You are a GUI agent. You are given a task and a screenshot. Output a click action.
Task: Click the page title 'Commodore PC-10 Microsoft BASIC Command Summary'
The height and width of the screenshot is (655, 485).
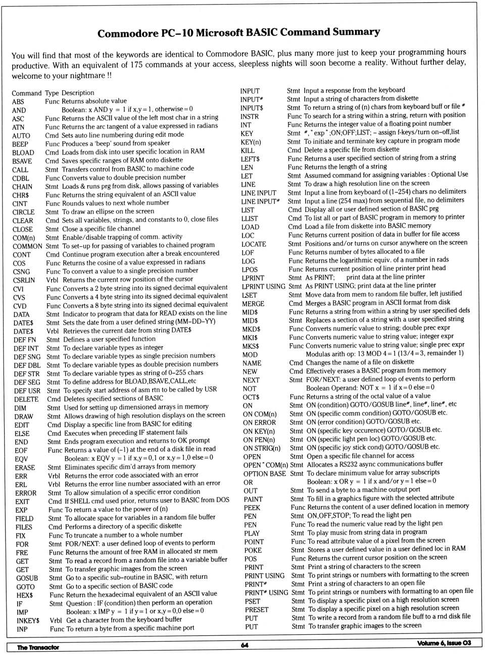[x=238, y=33]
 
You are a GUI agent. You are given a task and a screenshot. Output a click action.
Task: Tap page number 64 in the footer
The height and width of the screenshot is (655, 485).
[x=245, y=645]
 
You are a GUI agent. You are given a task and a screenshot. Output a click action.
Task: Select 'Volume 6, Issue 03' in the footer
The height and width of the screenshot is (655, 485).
[x=444, y=643]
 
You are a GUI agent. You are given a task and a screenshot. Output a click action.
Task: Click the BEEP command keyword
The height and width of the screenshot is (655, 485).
[x=20, y=144]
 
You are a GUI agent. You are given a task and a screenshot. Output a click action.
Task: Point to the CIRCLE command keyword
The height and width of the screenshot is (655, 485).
[x=23, y=212]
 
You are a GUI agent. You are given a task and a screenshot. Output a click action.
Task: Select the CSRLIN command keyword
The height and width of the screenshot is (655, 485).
[x=24, y=281]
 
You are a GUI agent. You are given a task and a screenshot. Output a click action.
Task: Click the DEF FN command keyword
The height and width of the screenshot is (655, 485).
[x=25, y=340]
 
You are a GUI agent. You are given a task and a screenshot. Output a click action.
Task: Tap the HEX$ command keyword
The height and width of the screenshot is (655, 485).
[x=25, y=595]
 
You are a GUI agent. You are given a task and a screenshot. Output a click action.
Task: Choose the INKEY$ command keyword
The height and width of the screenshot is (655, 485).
[x=28, y=621]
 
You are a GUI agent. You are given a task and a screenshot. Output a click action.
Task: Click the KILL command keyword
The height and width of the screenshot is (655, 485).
[x=248, y=150]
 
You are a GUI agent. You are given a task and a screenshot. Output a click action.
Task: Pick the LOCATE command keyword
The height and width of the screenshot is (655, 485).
[x=254, y=244]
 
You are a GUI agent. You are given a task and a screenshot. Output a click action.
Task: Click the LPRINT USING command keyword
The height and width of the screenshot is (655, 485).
[x=263, y=287]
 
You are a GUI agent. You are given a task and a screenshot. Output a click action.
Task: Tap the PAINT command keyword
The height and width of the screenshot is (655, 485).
[x=253, y=499]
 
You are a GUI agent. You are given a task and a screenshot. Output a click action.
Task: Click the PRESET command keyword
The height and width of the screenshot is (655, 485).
[x=257, y=610]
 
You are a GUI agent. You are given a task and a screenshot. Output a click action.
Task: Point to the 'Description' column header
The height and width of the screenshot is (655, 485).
[x=78, y=93]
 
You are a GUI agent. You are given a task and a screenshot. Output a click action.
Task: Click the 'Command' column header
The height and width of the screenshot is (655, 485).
[x=26, y=93]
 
